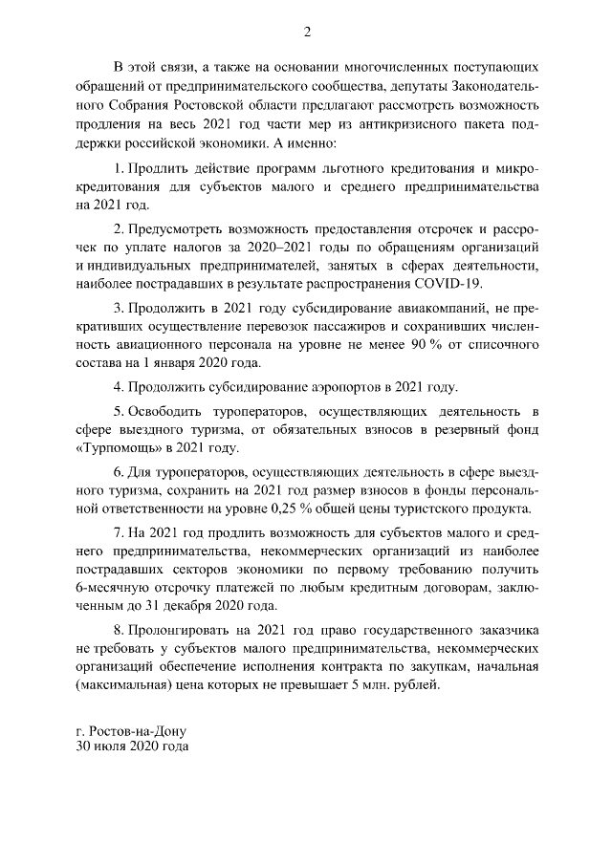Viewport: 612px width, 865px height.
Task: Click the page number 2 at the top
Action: tap(307, 32)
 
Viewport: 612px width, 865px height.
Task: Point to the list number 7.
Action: tap(118, 532)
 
